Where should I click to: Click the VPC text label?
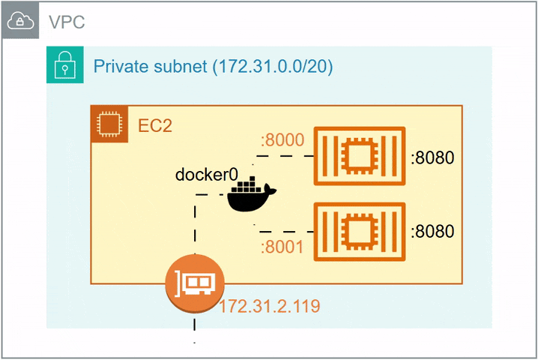coord(67,22)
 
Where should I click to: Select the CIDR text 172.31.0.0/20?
coord(273,66)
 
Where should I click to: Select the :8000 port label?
coord(281,140)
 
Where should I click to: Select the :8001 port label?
coord(282,247)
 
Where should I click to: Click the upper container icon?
coord(359,156)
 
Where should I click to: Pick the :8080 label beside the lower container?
coord(432,231)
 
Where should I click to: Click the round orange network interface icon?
coord(195,283)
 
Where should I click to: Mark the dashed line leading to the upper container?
coord(285,156)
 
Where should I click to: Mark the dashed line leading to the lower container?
coord(285,232)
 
